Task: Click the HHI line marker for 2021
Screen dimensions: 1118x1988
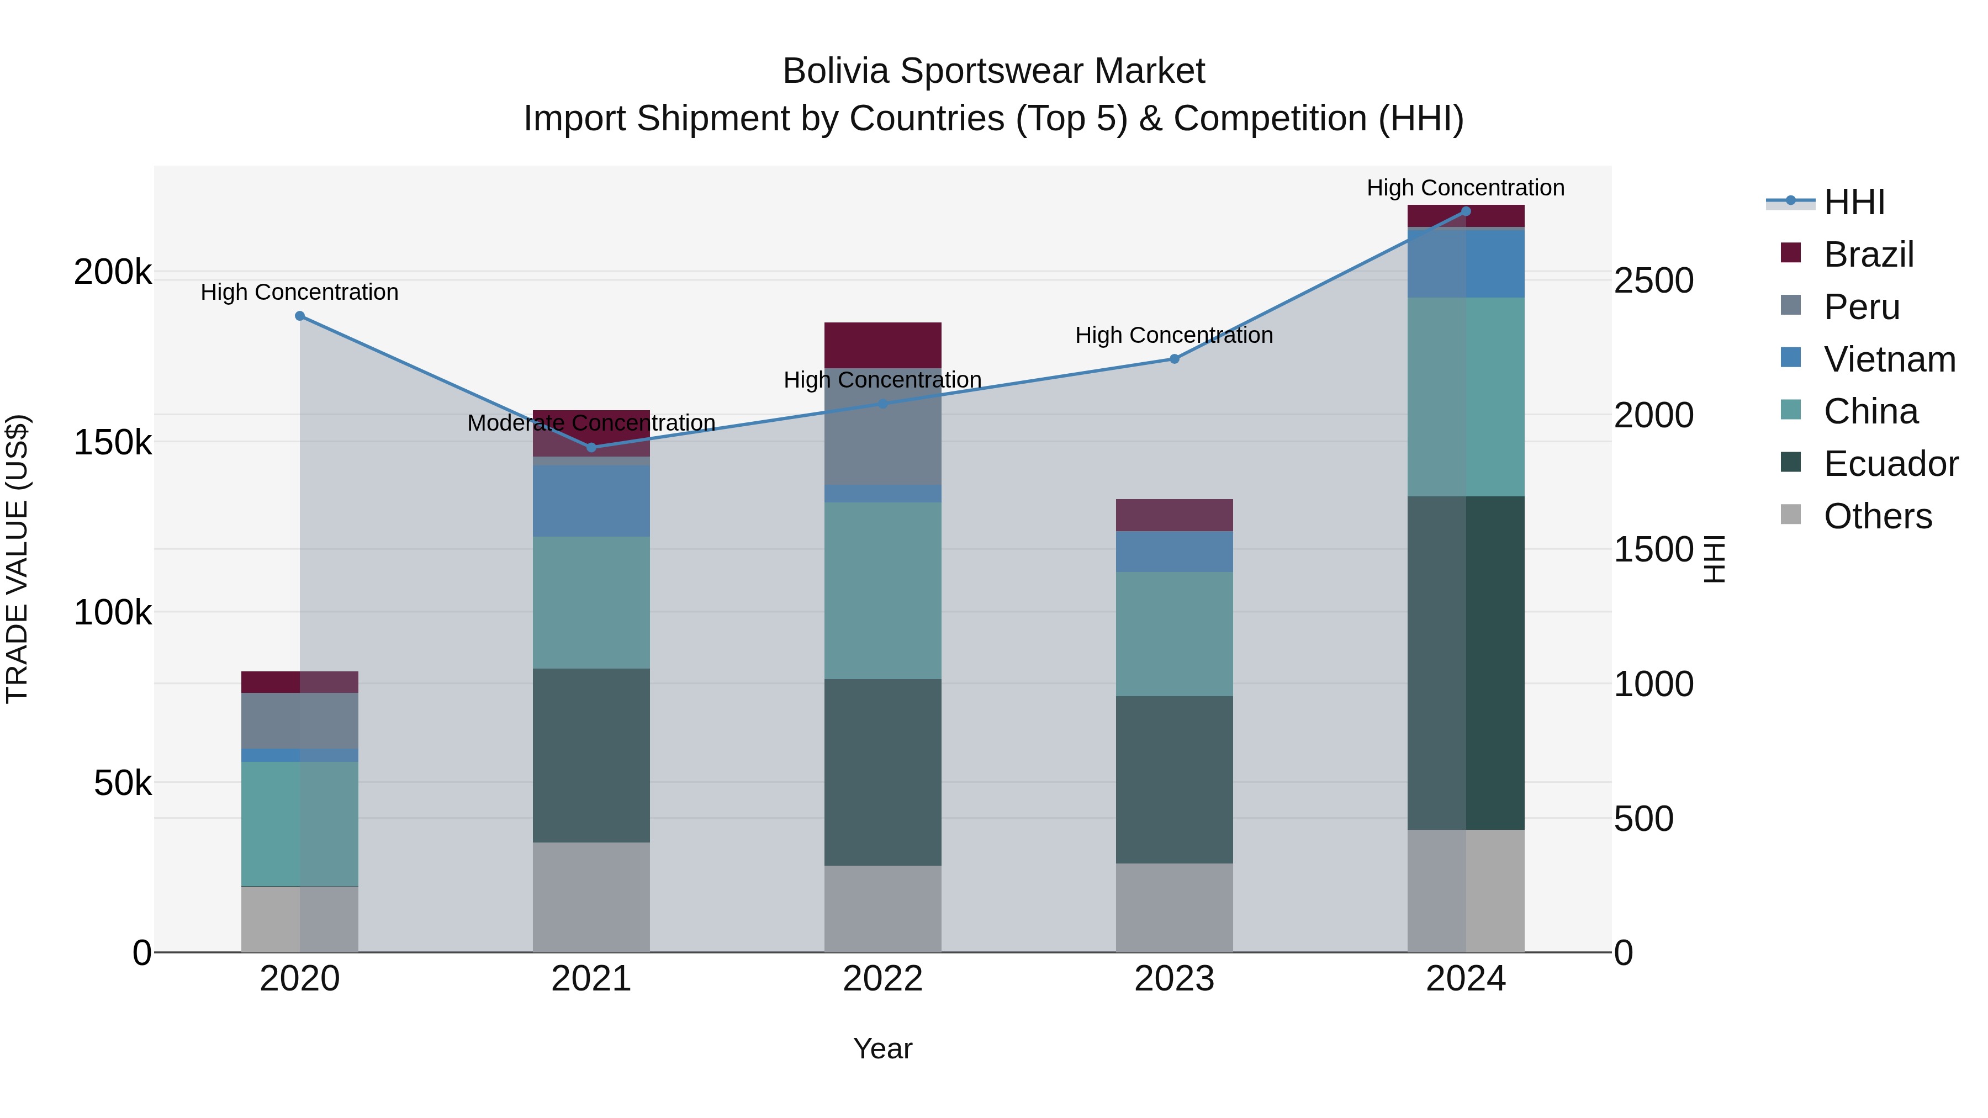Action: click(x=591, y=448)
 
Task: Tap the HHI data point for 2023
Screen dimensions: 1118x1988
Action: click(x=1174, y=359)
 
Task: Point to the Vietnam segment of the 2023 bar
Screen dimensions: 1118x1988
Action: click(x=1174, y=551)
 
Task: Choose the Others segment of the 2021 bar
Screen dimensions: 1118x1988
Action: click(x=591, y=897)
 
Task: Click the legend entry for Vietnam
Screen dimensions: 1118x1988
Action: click(x=1889, y=359)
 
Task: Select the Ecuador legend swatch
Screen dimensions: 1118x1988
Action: click(x=1790, y=463)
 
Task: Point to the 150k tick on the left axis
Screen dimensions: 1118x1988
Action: click(x=113, y=443)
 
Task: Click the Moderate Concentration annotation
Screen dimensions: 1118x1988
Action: click(x=591, y=423)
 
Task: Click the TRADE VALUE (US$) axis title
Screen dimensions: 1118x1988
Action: click(x=18, y=559)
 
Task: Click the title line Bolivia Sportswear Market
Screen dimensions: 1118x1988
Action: click(x=993, y=71)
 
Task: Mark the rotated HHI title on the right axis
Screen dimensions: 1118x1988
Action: click(x=1713, y=559)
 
